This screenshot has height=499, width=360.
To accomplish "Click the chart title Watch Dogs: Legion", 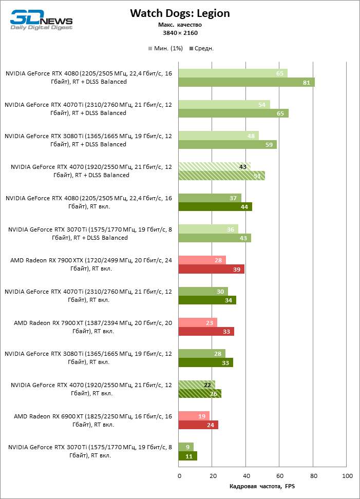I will tap(180, 13).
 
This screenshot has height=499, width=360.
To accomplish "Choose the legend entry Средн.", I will tap(201, 48).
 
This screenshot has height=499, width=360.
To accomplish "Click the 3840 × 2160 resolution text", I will tap(180, 33).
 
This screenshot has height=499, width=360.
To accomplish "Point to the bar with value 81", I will tap(246, 83).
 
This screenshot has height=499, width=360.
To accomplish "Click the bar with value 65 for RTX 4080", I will tap(233, 73).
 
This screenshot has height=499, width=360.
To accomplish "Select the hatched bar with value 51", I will tap(221, 176).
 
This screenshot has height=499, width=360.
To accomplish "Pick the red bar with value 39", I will tap(211, 269).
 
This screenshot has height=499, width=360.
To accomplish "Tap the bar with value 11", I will tap(187, 456).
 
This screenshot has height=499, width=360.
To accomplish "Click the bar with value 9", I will tap(186, 447).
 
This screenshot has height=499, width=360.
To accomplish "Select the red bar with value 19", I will tap(194, 415).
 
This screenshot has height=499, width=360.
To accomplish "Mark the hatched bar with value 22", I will tap(196, 385).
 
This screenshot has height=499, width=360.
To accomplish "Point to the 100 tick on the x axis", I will tap(347, 476).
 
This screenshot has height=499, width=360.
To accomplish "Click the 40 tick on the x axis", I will tap(246, 476).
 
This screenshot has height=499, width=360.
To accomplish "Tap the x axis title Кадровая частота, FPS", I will tap(262, 486).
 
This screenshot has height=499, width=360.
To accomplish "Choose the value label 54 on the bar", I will tap(261, 105).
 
